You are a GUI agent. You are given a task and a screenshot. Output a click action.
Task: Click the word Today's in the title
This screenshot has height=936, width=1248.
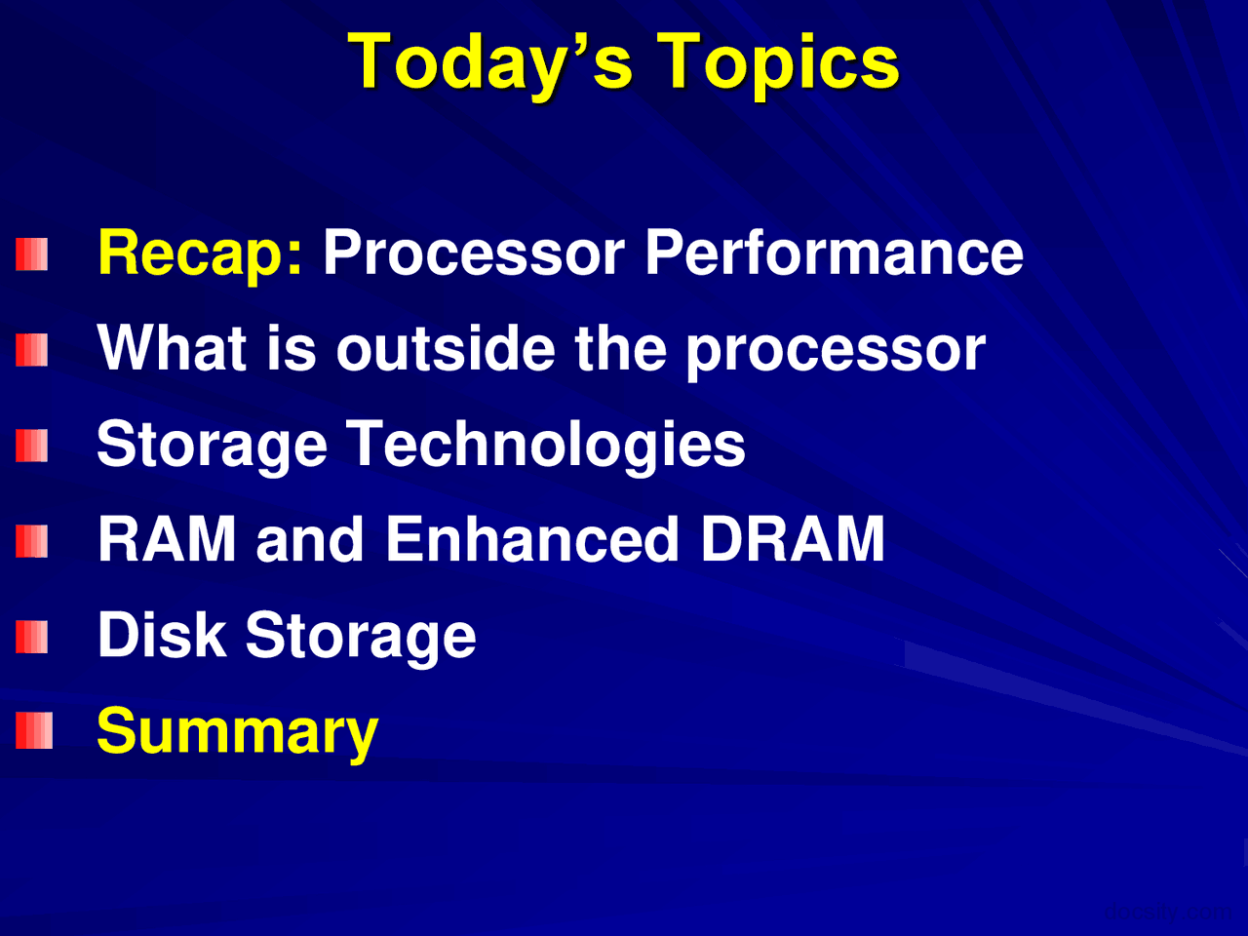pyautogui.click(x=490, y=62)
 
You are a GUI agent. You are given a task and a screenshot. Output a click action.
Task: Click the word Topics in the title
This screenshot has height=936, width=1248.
pyautogui.click(x=777, y=62)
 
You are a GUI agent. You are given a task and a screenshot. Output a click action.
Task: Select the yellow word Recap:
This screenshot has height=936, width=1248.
pyautogui.click(x=200, y=253)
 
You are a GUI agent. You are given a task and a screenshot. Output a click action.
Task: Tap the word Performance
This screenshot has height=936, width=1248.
pyautogui.click(x=834, y=253)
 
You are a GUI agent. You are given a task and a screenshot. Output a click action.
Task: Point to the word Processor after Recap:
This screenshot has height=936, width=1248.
pyautogui.click(x=474, y=253)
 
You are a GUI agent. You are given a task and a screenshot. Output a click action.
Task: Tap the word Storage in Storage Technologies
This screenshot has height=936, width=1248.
pyautogui.click(x=212, y=445)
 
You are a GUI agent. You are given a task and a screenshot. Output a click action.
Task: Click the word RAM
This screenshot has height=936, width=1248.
pyautogui.click(x=167, y=539)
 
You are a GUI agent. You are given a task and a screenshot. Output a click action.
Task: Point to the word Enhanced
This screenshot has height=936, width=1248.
pyautogui.click(x=532, y=539)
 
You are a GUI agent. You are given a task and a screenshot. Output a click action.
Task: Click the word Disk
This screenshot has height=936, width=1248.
pyautogui.click(x=161, y=636)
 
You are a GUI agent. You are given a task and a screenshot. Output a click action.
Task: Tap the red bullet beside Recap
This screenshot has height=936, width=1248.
pyautogui.click(x=32, y=255)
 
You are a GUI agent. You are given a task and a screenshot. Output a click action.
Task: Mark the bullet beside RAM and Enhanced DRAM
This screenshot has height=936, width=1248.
pyautogui.click(x=32, y=541)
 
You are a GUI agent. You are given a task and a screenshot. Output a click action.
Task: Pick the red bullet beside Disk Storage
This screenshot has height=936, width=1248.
pyautogui.click(x=32, y=637)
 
